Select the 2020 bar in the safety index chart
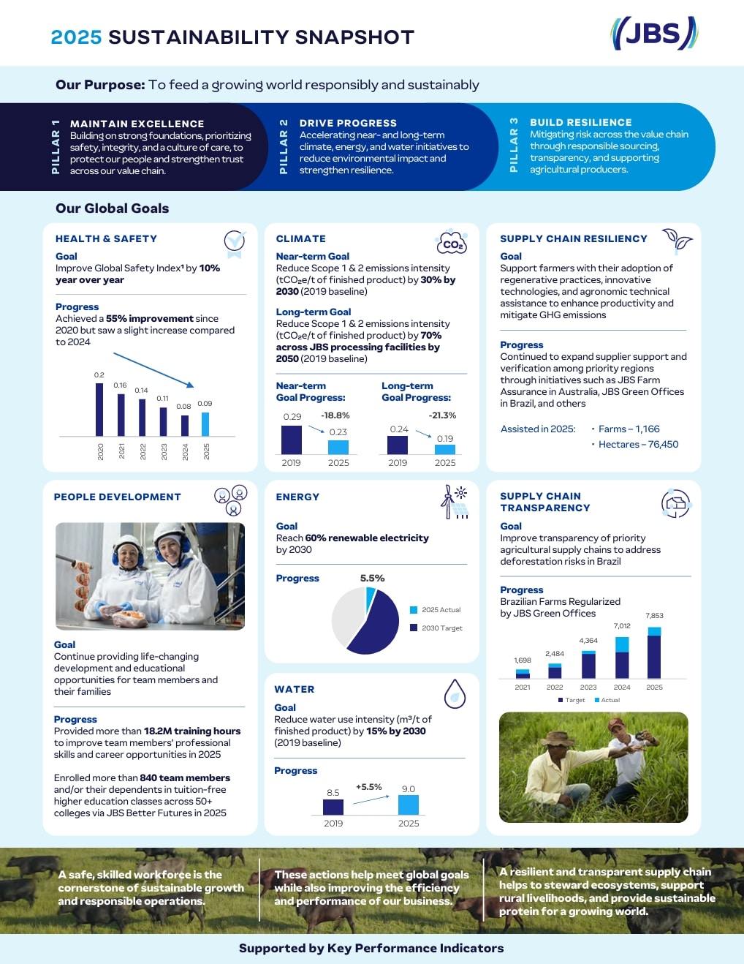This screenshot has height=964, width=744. (99, 410)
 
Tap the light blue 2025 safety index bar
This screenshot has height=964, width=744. (205, 424)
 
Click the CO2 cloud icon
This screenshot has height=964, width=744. (452, 242)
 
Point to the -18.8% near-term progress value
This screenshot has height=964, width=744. (335, 415)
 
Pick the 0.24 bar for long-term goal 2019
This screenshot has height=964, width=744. (398, 445)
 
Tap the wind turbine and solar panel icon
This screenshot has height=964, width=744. (454, 502)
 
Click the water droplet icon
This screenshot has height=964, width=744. (455, 693)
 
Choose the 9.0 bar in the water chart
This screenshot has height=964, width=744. (408, 805)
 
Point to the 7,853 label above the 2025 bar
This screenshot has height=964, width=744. (655, 615)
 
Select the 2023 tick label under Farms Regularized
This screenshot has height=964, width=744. (588, 688)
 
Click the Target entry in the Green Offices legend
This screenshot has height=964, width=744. (572, 700)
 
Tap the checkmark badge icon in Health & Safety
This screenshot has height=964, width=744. (235, 244)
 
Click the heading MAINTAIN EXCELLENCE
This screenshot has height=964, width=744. (137, 124)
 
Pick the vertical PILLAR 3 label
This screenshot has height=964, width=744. (514, 145)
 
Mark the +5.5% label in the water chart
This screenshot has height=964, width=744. (368, 786)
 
